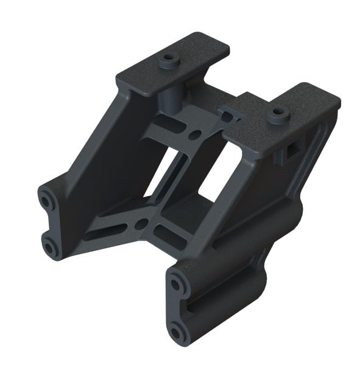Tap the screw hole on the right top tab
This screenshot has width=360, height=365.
tap(278, 113)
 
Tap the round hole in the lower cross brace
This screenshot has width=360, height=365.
tap(142, 226)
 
